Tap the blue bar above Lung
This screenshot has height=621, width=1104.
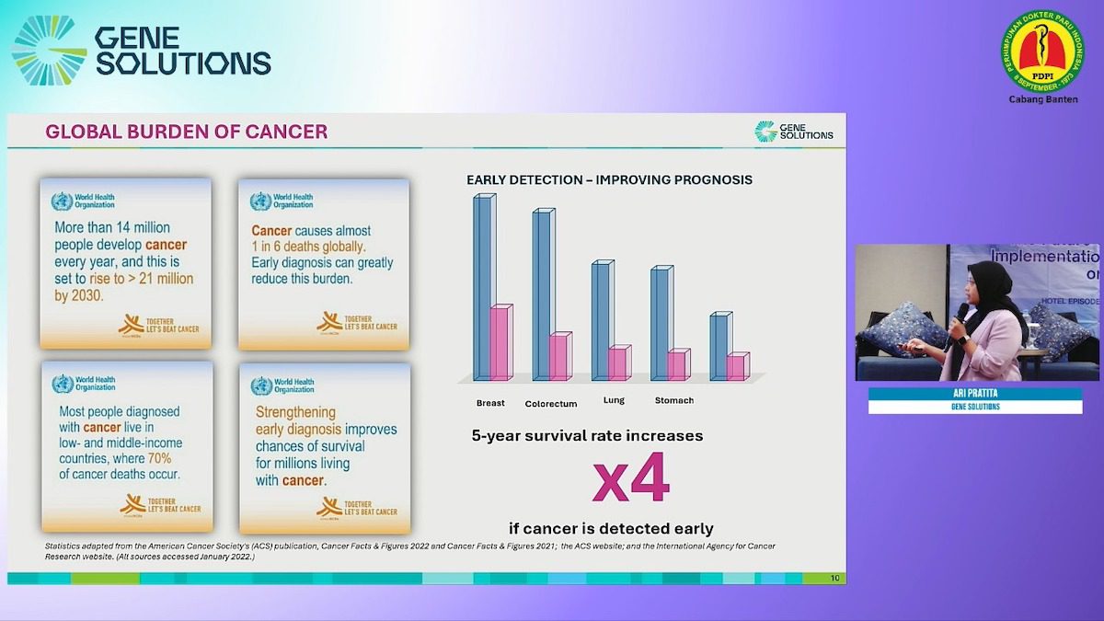pyautogui.click(x=600, y=304)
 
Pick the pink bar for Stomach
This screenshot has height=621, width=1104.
pyautogui.click(x=677, y=365)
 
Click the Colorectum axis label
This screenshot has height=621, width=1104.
pyautogui.click(x=551, y=404)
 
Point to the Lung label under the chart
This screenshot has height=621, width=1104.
pyautogui.click(x=614, y=400)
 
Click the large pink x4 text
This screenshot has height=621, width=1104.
pyautogui.click(x=630, y=479)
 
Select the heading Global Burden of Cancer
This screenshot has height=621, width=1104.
pyautogui.click(x=187, y=132)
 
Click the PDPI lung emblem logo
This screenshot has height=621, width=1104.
pyautogui.click(x=1042, y=52)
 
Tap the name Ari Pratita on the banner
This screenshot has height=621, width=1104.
pyautogui.click(x=975, y=394)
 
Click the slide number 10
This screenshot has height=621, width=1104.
pyautogui.click(x=834, y=579)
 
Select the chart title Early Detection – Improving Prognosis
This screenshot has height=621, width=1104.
pyautogui.click(x=609, y=179)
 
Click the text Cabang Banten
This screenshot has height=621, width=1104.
pyautogui.click(x=1042, y=99)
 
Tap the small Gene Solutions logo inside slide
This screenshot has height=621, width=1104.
pyautogui.click(x=794, y=132)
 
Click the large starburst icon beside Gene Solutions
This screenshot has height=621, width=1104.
pyautogui.click(x=49, y=51)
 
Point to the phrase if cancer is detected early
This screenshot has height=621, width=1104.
pyautogui.click(x=611, y=528)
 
